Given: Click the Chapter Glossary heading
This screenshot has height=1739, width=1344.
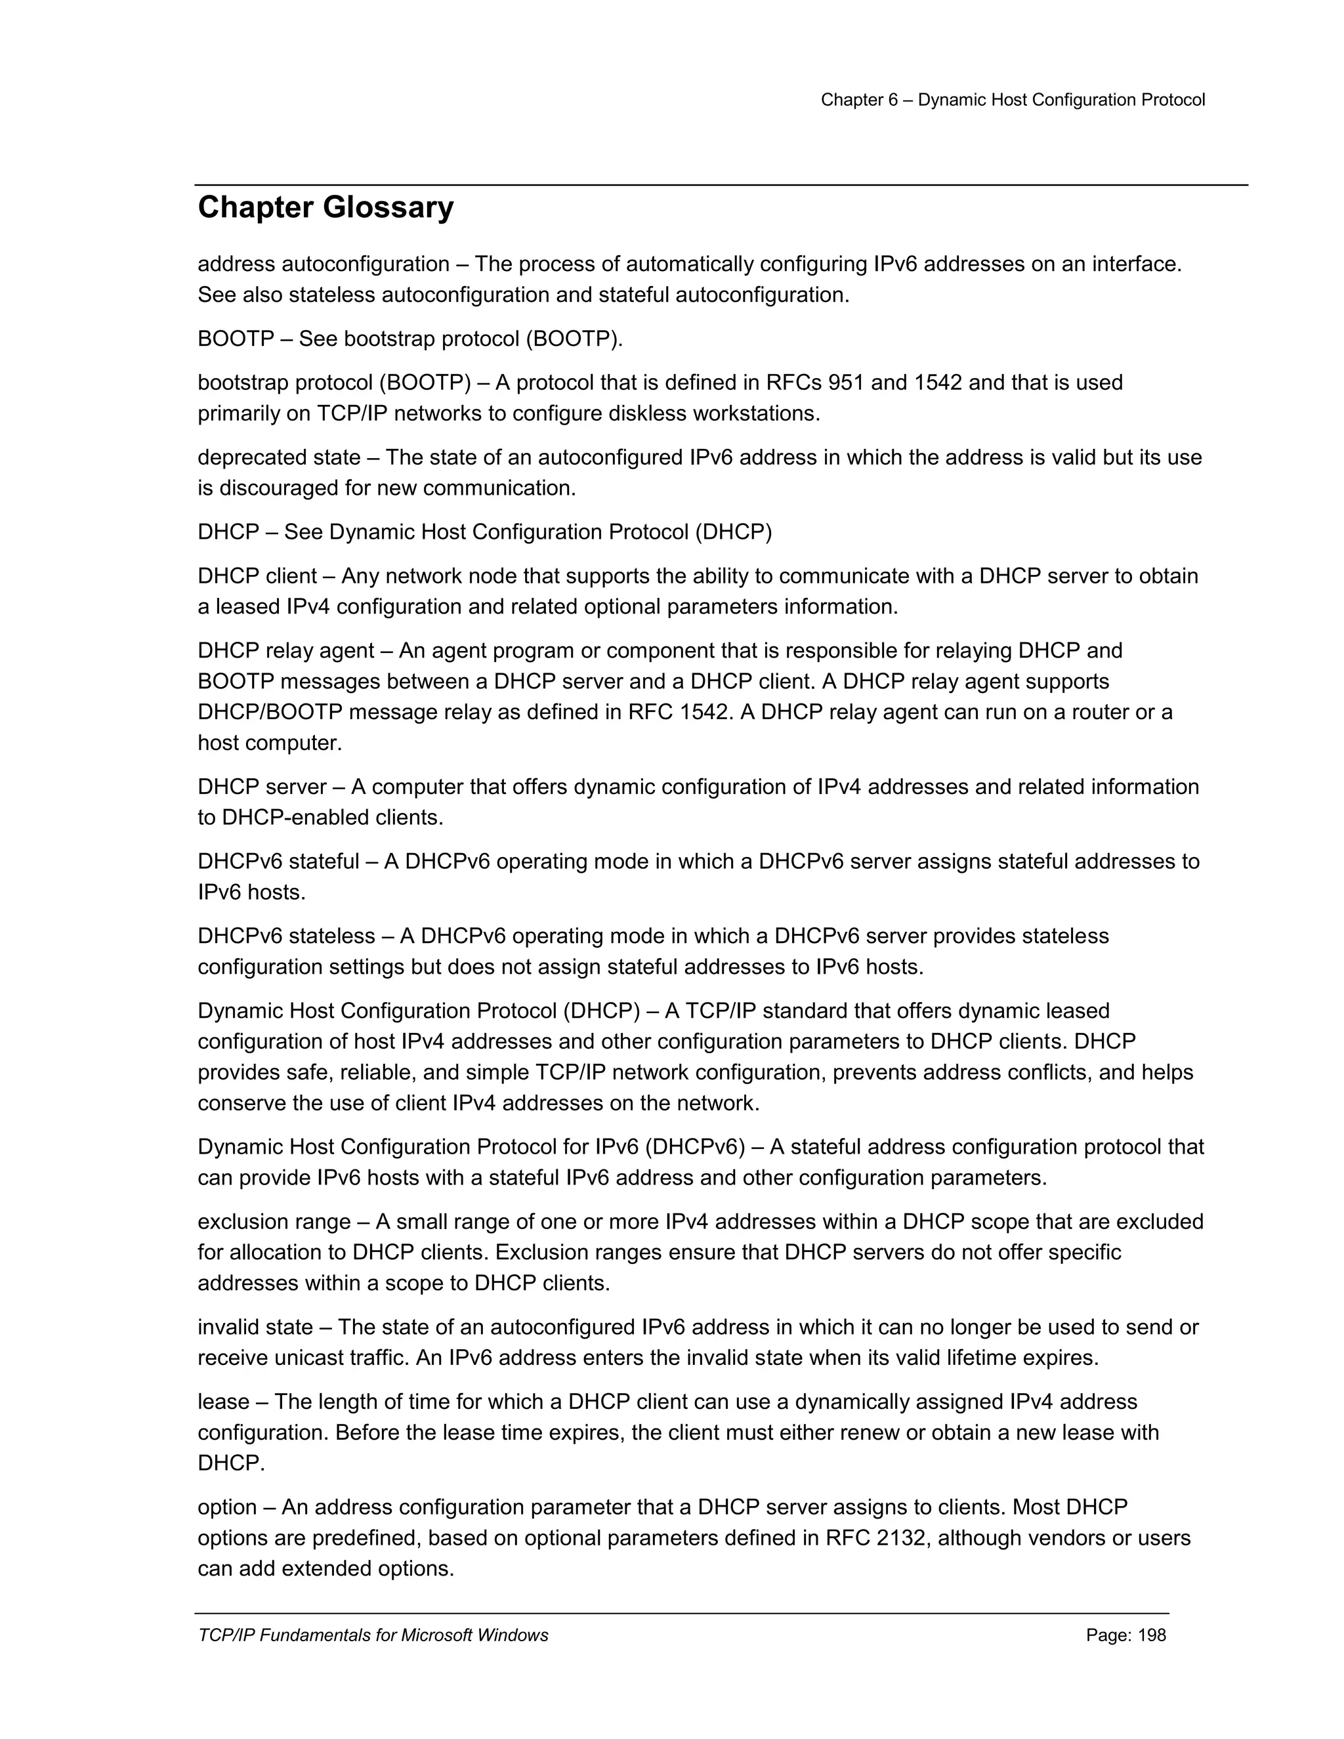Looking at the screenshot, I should tap(325, 208).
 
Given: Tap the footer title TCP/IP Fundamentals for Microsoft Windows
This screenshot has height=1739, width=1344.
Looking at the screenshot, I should tap(373, 1635).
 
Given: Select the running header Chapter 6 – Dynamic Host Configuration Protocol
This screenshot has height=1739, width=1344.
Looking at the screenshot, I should tap(1013, 100).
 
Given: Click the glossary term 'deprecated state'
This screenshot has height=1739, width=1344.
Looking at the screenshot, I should tap(279, 458).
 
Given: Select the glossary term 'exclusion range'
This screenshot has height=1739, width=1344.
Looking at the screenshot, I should tap(274, 1221).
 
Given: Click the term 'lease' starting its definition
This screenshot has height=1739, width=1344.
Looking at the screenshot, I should tap(223, 1402).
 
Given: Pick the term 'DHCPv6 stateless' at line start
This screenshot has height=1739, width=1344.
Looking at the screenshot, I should tap(286, 936).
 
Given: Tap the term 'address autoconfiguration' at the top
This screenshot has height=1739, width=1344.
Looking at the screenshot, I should tap(324, 264).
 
